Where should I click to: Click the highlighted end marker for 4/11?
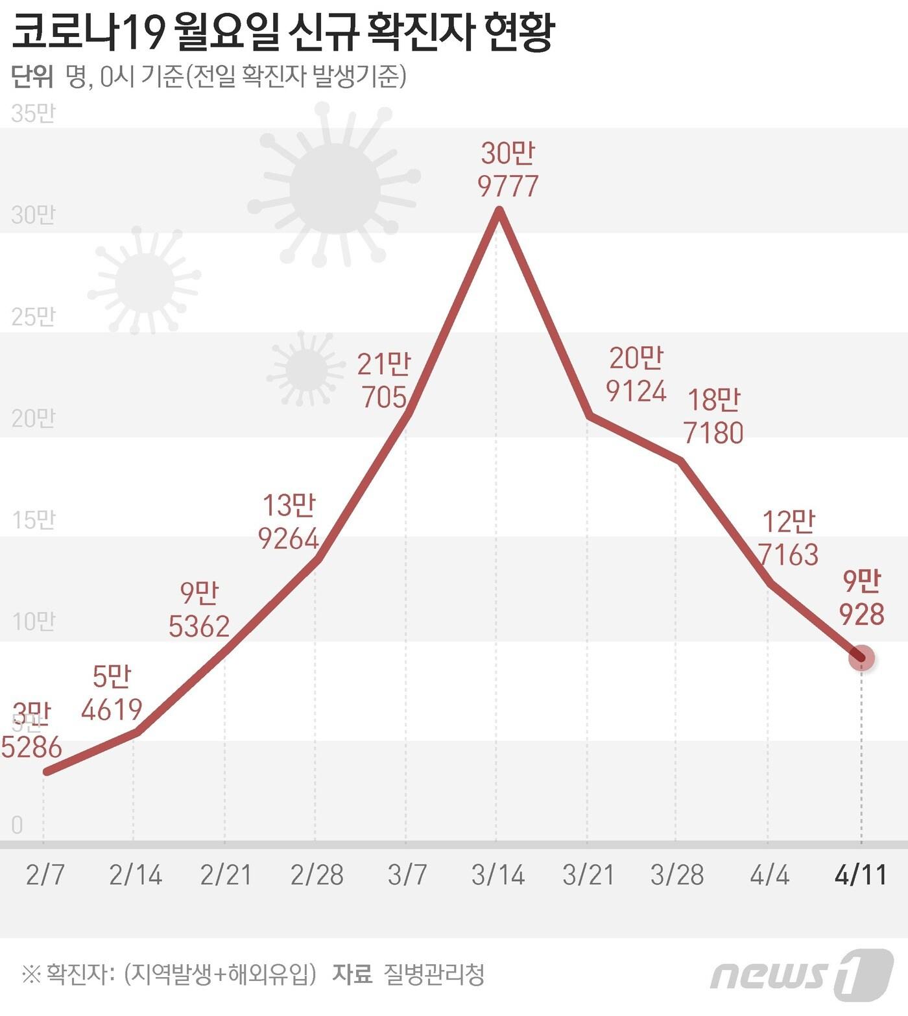pyautogui.click(x=861, y=658)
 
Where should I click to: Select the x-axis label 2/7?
pyautogui.click(x=45, y=875)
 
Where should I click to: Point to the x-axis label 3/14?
pyautogui.click(x=497, y=875)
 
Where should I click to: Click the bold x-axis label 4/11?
pyautogui.click(x=861, y=875)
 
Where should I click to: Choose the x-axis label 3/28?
pyautogui.click(x=676, y=875)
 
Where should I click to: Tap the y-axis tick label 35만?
pyautogui.click(x=33, y=113)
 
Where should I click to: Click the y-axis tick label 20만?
pyautogui.click(x=33, y=418)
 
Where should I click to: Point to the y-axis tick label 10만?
pyautogui.click(x=33, y=622)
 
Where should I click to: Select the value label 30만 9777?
pyautogui.click(x=508, y=170)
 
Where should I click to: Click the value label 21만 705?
pyautogui.click(x=384, y=381)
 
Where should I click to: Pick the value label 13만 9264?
pyautogui.click(x=289, y=522)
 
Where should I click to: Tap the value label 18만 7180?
pyautogui.click(x=713, y=416)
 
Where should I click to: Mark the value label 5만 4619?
pyautogui.click(x=112, y=692)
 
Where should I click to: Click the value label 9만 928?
pyautogui.click(x=861, y=597)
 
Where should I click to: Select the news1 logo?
pyautogui.click(x=802, y=975)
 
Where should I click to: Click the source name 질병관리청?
pyautogui.click(x=434, y=974)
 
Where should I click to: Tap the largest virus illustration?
pyautogui.click(x=334, y=188)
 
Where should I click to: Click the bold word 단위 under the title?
pyautogui.click(x=32, y=77)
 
